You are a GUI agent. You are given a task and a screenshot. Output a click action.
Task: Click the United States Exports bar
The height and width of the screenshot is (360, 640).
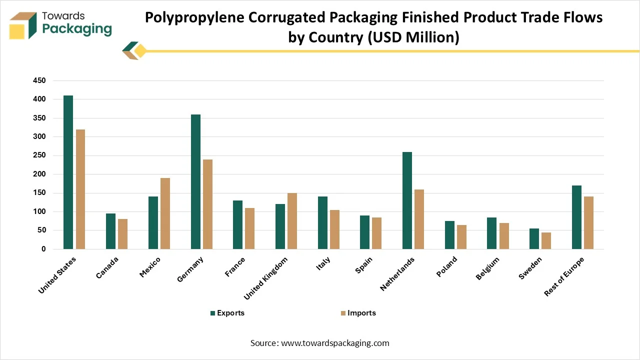[68, 172]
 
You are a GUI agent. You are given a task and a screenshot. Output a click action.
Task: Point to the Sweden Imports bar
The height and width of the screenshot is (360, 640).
[546, 240]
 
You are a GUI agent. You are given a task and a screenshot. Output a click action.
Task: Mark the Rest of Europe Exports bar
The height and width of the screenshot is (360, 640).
[576, 217]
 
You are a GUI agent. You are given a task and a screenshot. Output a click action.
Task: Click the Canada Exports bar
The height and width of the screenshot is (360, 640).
[110, 231]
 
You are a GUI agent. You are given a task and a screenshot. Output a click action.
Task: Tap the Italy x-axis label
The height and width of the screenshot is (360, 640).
[323, 264]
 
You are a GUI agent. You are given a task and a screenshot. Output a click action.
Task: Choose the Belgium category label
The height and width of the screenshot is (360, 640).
[487, 269]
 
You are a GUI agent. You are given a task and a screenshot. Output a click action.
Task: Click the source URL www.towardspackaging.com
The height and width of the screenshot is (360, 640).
[335, 343]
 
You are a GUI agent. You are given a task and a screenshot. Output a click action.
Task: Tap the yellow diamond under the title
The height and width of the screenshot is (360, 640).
[140, 50]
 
